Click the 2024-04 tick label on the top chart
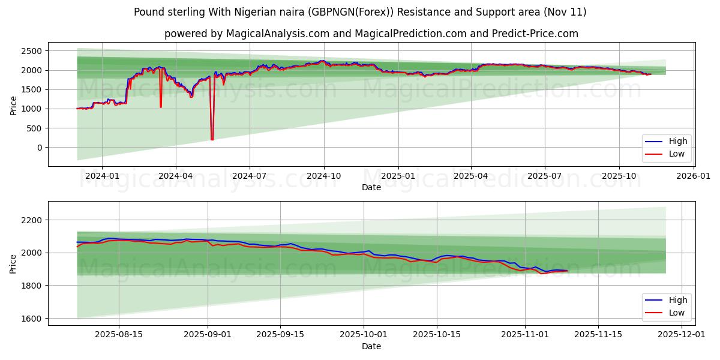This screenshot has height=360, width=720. (176, 176)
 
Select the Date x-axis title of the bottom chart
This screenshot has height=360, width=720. (371, 346)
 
